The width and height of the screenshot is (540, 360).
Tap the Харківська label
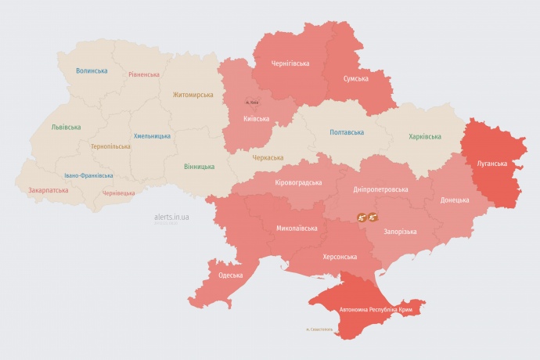[424, 137]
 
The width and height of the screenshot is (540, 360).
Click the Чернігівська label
[290, 63]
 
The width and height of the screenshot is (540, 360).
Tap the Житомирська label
[193, 95]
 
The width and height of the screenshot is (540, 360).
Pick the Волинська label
[92, 71]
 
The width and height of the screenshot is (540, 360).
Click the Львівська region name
[66, 127]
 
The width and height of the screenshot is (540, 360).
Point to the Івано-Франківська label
[88, 176]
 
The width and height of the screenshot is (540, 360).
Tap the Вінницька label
[200, 167]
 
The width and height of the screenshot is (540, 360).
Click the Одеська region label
[230, 275]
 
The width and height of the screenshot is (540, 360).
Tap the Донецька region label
[455, 200]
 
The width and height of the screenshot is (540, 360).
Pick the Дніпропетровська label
[380, 189]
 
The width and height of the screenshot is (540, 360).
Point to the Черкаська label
[268, 158]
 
